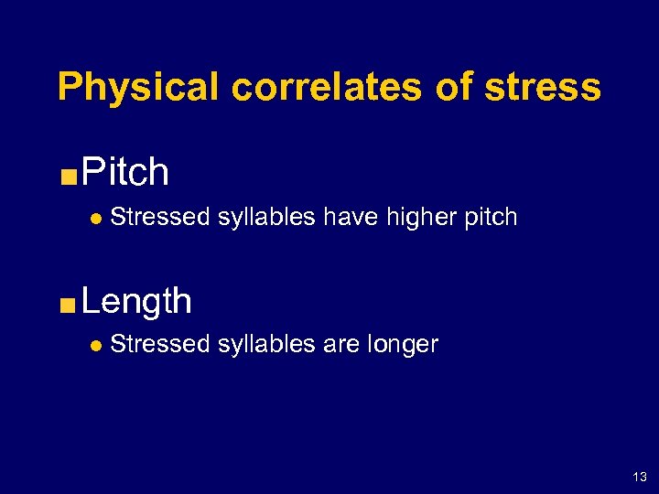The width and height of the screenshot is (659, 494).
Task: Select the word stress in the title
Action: coord(545,88)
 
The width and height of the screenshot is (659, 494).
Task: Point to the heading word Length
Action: coord(136,301)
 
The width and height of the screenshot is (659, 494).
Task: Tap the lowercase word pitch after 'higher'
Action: coord(492,219)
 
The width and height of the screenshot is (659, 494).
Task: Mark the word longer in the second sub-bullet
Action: coord(403,346)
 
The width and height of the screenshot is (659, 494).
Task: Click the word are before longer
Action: coord(341,346)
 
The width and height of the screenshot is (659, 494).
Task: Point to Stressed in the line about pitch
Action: coord(160,218)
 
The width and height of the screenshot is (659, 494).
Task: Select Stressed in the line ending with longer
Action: coord(160,345)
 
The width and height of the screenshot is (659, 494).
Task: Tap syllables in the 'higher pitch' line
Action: coord(267,219)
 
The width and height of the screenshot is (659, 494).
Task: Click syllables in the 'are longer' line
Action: coord(267,346)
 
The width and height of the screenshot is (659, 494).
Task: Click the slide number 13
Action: coord(639,477)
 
